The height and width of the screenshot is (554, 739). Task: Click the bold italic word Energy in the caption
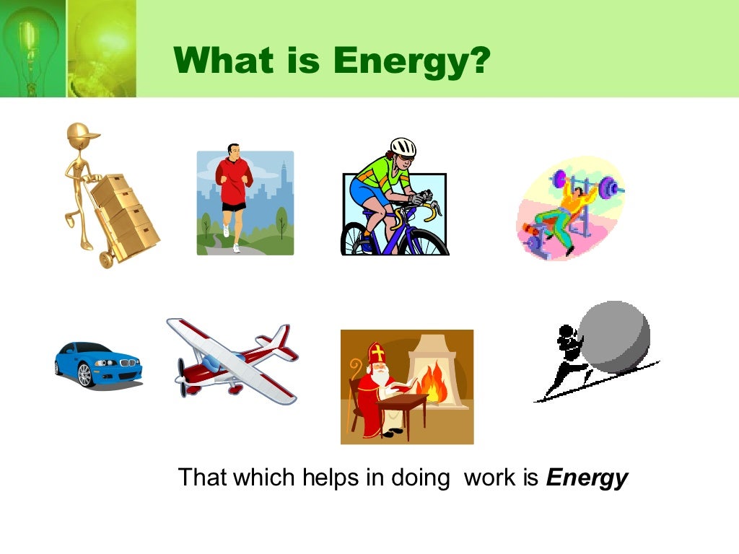[x=587, y=478]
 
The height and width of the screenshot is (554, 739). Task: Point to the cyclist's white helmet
[x=403, y=147]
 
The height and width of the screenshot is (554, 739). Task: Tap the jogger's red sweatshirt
[x=234, y=180]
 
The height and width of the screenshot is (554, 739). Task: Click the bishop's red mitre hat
[x=377, y=354]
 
